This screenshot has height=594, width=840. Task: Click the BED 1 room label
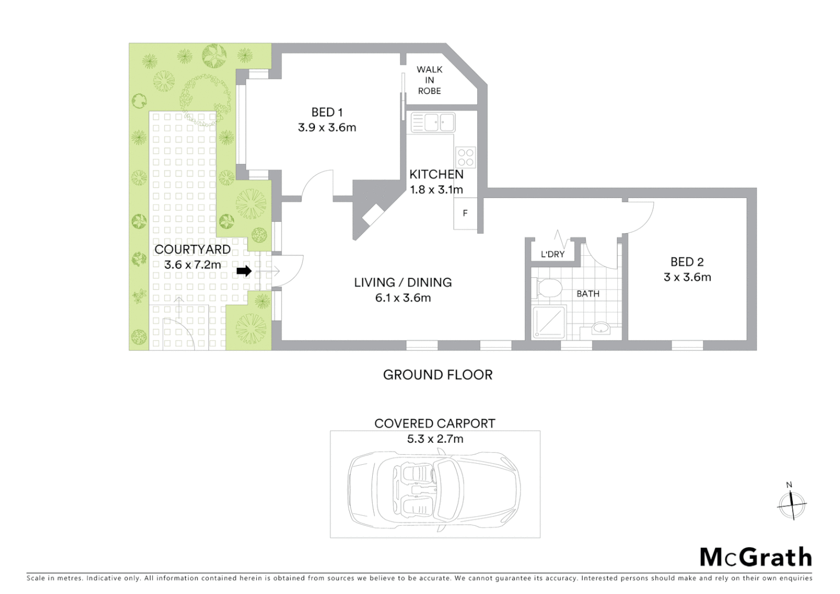[327, 112]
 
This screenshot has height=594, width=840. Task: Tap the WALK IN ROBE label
[429, 80]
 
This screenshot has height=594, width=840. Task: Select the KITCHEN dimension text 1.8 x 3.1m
[436, 190]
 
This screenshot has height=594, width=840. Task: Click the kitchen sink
[433, 122]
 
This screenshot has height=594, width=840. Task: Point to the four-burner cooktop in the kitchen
[466, 158]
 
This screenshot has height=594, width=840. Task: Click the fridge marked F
[465, 213]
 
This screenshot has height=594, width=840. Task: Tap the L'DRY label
[552, 254]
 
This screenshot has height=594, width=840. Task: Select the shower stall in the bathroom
[549, 321]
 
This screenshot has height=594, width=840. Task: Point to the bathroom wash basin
[601, 328]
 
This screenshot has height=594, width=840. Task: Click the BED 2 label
[687, 262]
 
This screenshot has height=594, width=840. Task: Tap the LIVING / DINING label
[403, 283]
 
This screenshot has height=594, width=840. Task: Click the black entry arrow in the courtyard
[244, 271]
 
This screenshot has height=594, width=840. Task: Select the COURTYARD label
[192, 250]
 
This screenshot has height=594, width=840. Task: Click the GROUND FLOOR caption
[438, 375]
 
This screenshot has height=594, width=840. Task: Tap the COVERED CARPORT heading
[435, 424]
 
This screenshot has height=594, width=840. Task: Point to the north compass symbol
[792, 503]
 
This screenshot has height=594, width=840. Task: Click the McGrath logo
[755, 557]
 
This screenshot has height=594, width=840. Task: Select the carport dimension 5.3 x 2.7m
[435, 439]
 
